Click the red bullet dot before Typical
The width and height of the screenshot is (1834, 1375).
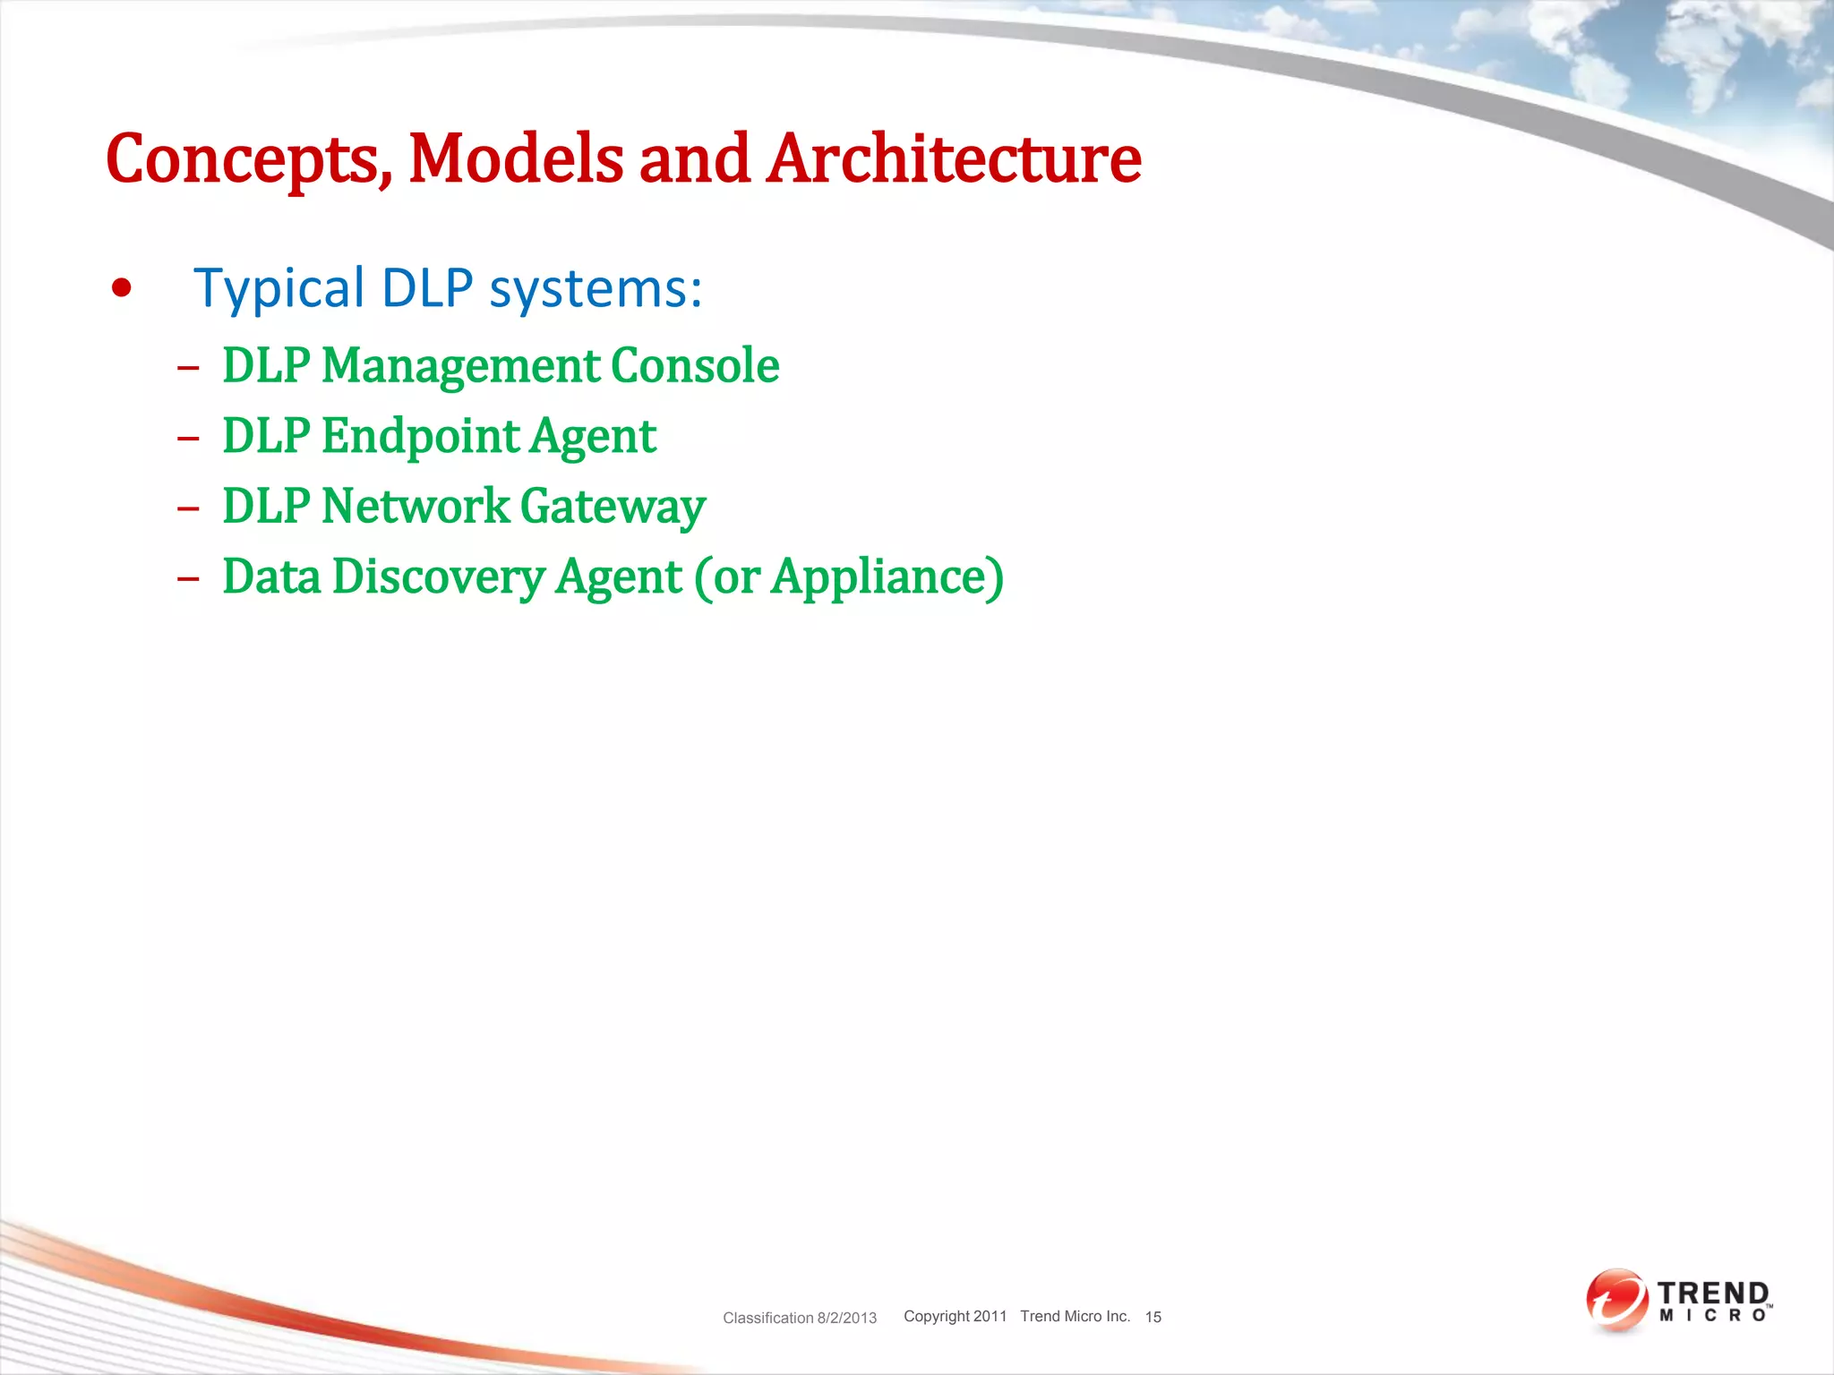122,288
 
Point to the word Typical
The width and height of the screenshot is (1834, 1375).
279,289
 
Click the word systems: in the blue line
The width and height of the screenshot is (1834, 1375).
596,289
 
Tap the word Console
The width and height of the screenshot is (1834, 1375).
695,365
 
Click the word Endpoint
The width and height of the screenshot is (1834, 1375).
420,436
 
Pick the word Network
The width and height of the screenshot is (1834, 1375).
415,506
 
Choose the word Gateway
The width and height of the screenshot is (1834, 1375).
613,508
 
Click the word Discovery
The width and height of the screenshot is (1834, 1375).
438,576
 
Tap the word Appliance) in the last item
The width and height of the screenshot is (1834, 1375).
887,577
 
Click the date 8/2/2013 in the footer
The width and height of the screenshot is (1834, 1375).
846,1318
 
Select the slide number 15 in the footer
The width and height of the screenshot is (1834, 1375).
1153,1317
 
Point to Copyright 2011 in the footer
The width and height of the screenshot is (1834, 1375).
955,1316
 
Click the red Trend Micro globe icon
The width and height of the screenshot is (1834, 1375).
1615,1300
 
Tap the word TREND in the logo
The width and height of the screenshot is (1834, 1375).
1712,1294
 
